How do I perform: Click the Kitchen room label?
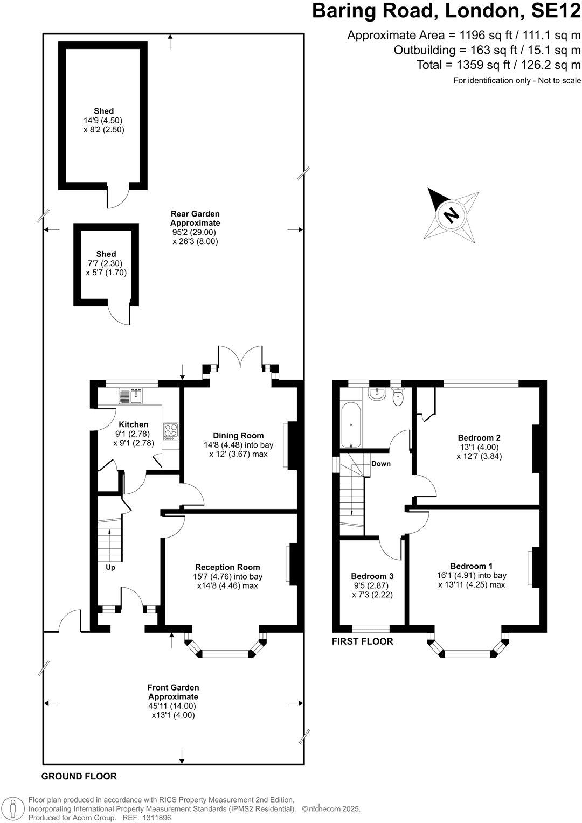click(134, 424)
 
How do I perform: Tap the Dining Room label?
click(238, 435)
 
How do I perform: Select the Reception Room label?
click(227, 567)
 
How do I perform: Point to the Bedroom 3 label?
click(372, 576)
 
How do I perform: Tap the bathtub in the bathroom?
click(351, 424)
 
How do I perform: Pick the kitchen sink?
click(130, 396)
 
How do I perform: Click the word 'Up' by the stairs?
click(110, 568)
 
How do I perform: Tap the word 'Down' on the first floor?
click(380, 464)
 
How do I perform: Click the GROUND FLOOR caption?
click(79, 776)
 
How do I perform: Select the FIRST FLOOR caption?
click(362, 641)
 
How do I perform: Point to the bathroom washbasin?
click(377, 394)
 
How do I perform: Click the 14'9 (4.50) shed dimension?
click(103, 120)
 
